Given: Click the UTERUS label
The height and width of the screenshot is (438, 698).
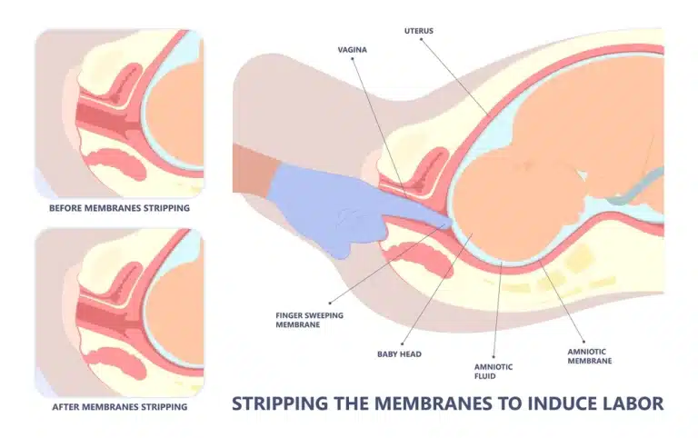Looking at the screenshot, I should (x=419, y=31).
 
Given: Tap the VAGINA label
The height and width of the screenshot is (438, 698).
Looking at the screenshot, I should (x=352, y=49).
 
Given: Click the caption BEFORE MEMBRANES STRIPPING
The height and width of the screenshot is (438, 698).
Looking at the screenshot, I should (x=119, y=208).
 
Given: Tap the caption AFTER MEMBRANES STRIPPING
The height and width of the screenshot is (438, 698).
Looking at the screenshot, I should (x=119, y=407).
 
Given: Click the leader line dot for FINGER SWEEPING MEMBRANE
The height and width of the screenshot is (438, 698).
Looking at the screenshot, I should (x=329, y=301).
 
